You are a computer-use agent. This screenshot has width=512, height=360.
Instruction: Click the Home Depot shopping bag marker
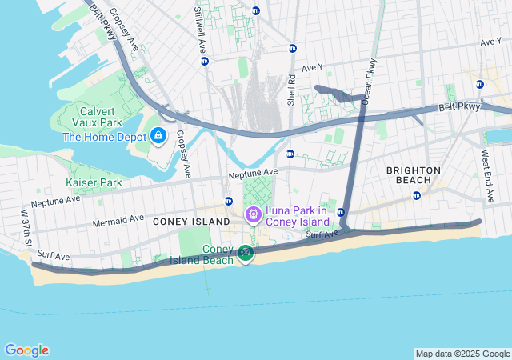tap(158, 135)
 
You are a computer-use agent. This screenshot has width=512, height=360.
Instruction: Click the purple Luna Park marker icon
tap(254, 214)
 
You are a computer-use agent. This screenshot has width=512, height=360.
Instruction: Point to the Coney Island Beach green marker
tap(245, 254)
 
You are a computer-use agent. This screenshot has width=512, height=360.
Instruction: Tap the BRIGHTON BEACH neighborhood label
tap(413, 176)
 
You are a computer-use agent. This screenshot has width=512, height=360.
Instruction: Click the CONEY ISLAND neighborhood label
tap(186, 222)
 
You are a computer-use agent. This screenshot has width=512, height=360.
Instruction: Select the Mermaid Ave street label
tap(118, 219)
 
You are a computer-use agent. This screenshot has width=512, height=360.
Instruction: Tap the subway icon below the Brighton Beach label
tap(416, 195)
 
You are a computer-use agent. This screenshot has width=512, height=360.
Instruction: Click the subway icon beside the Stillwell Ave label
tap(205, 61)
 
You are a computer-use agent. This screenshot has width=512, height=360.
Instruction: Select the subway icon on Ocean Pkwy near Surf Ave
tap(341, 212)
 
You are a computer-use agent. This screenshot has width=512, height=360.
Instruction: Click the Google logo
tap(26, 350)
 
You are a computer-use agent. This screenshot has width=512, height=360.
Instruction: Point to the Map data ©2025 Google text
tap(462, 354)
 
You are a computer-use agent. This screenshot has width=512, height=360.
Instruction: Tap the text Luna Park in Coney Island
tap(298, 215)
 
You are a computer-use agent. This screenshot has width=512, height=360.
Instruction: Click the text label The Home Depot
tap(102, 136)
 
